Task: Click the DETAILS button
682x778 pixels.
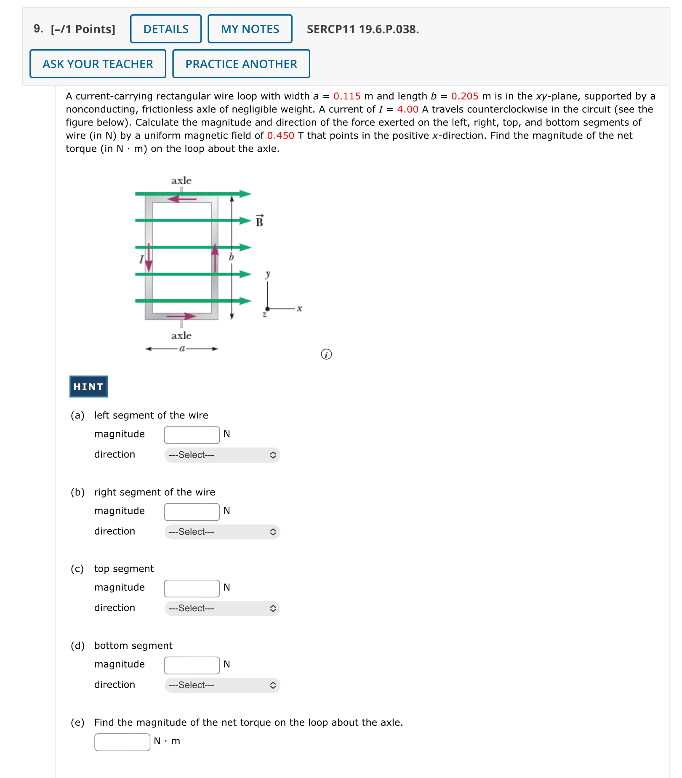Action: tap(165, 29)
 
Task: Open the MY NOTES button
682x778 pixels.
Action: tap(250, 29)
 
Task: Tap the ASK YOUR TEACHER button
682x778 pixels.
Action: tap(98, 64)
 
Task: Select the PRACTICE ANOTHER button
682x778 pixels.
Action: tap(241, 64)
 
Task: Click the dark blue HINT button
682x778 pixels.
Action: tap(88, 386)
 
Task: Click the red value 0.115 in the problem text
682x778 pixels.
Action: tap(346, 96)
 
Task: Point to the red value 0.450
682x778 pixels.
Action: tap(280, 136)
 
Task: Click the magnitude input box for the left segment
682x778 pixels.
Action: tap(192, 435)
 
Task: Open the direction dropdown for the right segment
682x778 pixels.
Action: tap(222, 532)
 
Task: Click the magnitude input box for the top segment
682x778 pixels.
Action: tap(192, 588)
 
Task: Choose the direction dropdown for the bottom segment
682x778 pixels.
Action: tap(222, 685)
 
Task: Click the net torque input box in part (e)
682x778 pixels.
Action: tap(122, 742)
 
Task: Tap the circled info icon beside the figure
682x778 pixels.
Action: tap(326, 354)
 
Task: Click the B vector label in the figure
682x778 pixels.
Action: tap(259, 221)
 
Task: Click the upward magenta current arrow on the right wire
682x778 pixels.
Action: tap(215, 257)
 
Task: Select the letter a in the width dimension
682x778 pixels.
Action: tap(182, 349)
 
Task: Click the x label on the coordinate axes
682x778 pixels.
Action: tap(299, 309)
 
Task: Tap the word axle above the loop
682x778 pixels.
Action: tap(181, 181)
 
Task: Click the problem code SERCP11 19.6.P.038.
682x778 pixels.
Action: tap(362, 29)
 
